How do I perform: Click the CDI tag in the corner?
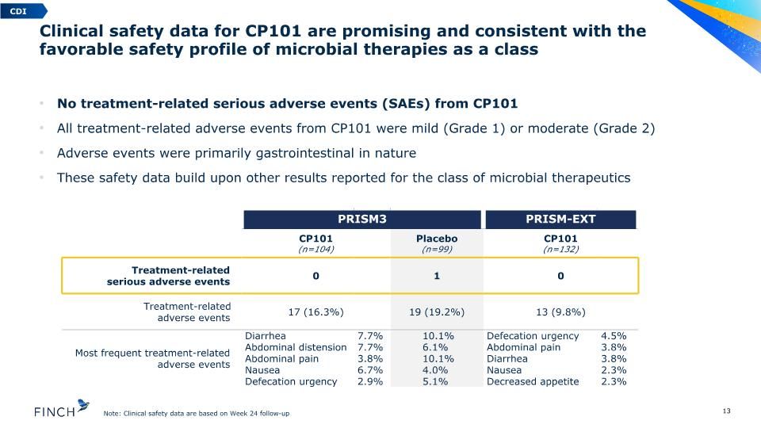click(x=22, y=11)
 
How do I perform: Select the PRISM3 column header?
click(x=362, y=220)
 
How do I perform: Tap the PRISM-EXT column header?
click(x=560, y=220)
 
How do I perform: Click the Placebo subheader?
click(x=437, y=239)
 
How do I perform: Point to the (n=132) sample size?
click(x=560, y=250)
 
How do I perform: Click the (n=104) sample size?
click(x=316, y=250)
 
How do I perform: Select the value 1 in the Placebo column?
click(x=437, y=276)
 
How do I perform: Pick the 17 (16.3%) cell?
click(x=316, y=312)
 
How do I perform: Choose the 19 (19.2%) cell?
click(x=437, y=312)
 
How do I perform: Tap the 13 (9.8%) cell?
click(x=560, y=312)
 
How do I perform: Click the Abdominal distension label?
click(x=296, y=347)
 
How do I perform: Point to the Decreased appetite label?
click(x=533, y=382)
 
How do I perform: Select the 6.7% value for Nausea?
click(x=370, y=370)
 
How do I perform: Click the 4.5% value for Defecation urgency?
click(x=614, y=336)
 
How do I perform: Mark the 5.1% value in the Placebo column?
click(x=435, y=382)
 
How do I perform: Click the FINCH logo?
click(x=62, y=409)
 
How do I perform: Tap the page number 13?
click(x=727, y=411)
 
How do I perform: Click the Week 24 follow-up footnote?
click(x=197, y=414)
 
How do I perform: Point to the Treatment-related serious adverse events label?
click(x=168, y=276)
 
